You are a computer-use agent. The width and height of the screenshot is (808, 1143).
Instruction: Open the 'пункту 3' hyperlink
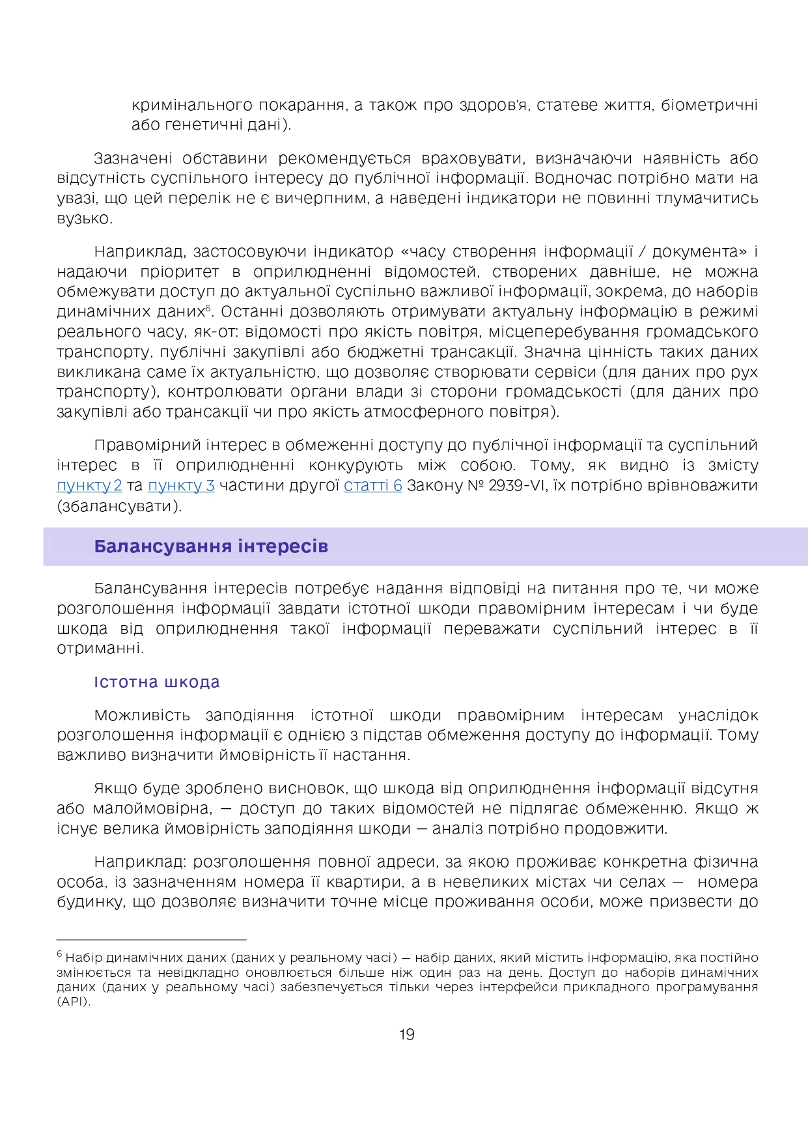(x=181, y=486)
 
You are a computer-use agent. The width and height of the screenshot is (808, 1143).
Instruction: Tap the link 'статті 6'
(x=373, y=486)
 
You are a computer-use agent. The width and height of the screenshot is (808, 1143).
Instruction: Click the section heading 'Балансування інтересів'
(x=211, y=546)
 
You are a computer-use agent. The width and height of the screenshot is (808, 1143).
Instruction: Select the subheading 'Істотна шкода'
(x=157, y=682)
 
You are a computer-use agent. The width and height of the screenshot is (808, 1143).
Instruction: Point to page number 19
(x=407, y=1035)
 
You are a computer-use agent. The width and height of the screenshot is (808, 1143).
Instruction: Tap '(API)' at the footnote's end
(x=74, y=1002)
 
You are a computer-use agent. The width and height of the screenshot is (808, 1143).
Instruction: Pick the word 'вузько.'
(x=85, y=219)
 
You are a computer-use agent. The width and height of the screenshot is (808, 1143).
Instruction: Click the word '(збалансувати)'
(x=120, y=506)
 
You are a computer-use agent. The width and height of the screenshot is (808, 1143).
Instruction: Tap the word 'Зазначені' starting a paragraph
(x=133, y=158)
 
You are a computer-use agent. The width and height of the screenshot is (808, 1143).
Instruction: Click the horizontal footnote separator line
(x=151, y=940)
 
